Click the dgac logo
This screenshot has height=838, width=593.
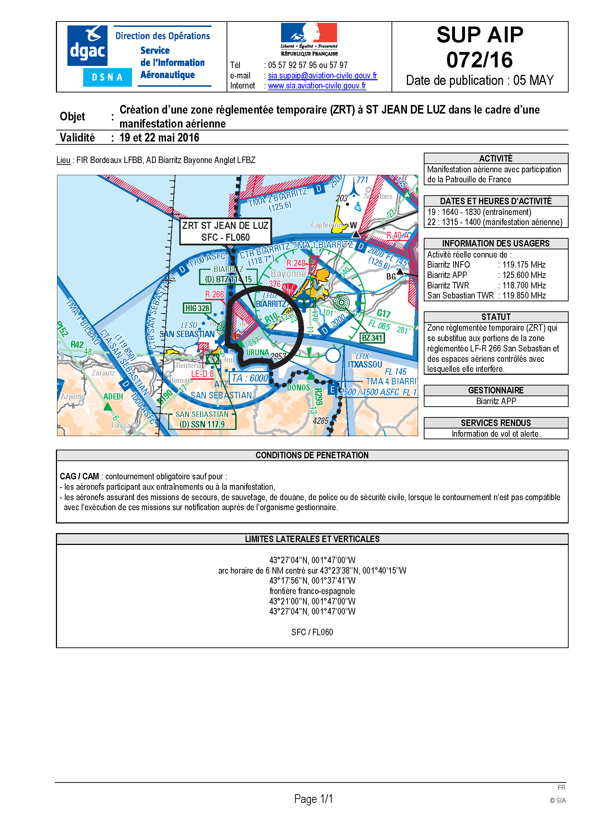pos(87,46)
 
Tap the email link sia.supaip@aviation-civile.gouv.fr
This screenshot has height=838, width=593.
pos(322,76)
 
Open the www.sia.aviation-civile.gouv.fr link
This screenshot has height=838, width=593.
pos(317,86)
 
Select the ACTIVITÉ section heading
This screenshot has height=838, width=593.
pos(495,158)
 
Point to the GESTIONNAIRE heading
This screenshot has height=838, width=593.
pos(495,390)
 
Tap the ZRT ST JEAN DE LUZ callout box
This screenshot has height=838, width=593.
pos(225,231)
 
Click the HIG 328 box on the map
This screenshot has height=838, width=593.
pos(197,308)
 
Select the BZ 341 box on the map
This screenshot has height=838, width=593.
pos(372,338)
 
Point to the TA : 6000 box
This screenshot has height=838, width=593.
pos(250,378)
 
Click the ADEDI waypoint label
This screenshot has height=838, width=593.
pos(113,396)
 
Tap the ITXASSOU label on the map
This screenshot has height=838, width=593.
pos(365,364)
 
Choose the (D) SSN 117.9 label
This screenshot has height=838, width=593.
pos(202,424)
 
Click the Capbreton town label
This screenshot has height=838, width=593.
pos(326,225)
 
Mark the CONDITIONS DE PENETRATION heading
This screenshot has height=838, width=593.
pos(312,455)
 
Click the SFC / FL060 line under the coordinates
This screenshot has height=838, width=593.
pos(312,632)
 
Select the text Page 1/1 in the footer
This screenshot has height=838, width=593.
pos(313,799)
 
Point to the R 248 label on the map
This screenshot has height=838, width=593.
pos(296,263)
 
